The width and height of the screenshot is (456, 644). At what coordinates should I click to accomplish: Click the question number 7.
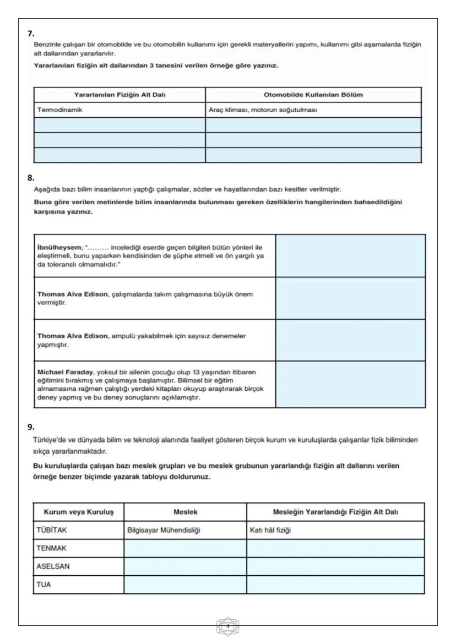31,34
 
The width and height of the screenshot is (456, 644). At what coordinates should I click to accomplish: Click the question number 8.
31,178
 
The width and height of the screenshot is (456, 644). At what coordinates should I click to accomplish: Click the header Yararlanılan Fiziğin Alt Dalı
120,95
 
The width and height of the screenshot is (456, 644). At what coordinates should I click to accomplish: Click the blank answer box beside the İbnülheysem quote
350,255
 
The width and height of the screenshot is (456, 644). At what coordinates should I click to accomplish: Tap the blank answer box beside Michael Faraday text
350,384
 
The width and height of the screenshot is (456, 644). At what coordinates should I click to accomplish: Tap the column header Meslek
185,512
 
